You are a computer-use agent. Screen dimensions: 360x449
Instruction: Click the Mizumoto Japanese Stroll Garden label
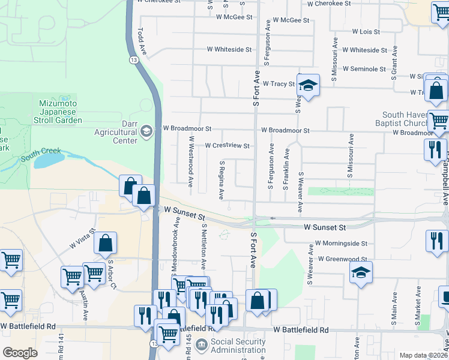60,112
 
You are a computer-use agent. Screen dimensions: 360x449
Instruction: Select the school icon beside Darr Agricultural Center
146,131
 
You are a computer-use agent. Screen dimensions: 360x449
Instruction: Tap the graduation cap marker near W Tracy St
308,86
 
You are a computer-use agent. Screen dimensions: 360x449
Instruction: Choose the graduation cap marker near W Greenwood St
361,273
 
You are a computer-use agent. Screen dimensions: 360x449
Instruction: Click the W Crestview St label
227,146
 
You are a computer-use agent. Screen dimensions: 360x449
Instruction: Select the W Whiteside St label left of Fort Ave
229,50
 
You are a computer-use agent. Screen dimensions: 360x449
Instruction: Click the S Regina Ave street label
222,179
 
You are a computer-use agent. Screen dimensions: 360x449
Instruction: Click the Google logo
20,353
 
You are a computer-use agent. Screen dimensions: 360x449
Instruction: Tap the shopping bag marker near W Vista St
105,243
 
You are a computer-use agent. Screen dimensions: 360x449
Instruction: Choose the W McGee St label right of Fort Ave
291,20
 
